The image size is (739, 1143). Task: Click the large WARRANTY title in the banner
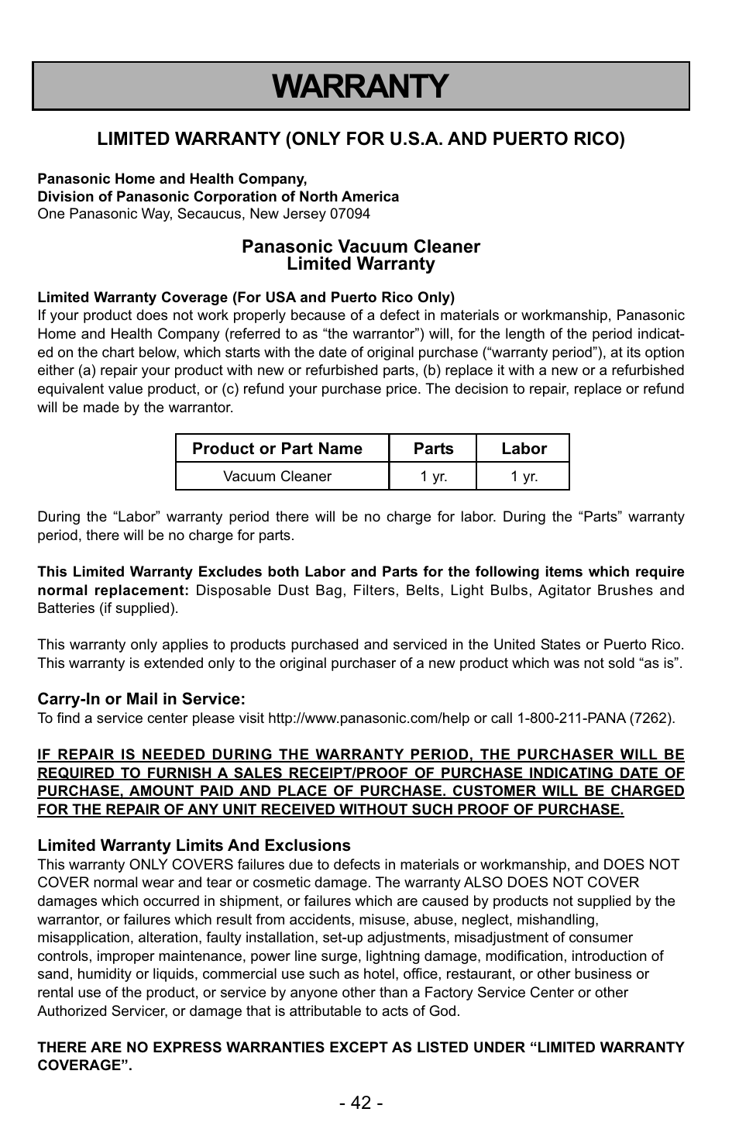click(360, 86)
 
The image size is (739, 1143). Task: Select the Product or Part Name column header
click(277, 449)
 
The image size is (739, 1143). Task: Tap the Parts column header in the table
click(433, 449)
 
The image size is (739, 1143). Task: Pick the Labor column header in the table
click(524, 449)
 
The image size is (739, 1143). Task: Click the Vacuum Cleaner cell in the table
click(277, 477)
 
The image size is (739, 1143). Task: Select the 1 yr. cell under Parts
click(433, 477)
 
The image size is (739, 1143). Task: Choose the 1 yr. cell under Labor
click(524, 477)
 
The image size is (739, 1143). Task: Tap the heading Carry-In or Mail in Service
click(142, 700)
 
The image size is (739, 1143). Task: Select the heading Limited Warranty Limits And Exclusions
click(194, 845)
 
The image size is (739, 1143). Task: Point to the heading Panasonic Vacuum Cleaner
click(360, 247)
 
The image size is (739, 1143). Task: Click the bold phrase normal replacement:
click(113, 590)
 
